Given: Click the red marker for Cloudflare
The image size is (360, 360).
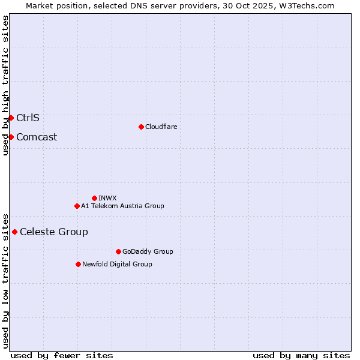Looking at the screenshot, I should tap(141, 127).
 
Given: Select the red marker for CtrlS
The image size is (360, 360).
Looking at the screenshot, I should tap(11, 118).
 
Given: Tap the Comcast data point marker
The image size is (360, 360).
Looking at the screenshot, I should tap(11, 137).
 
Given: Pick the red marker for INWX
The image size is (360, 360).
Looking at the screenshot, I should tap(94, 198).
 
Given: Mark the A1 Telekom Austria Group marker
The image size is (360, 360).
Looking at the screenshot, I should tap(77, 206).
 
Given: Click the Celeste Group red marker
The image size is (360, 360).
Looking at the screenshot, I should tap(14, 232).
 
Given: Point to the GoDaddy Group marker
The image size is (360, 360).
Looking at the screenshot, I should tap(118, 251).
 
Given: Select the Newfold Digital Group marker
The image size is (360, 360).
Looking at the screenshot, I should tap(78, 264).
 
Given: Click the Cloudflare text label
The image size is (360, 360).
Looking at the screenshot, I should tap(161, 127).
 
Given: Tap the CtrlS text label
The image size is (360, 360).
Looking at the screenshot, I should tap(28, 118).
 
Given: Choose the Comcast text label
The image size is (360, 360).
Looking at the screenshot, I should tap(37, 137).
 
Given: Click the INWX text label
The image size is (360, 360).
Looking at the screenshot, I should tap(107, 198).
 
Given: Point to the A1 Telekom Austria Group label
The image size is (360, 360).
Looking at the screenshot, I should tap(122, 206).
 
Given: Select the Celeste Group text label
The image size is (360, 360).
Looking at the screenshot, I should tap(54, 232).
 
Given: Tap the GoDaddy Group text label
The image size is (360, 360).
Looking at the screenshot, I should tap(148, 251).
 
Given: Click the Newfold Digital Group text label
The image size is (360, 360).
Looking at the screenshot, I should tap(117, 264).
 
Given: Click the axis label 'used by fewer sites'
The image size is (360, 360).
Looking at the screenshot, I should tap(62, 355).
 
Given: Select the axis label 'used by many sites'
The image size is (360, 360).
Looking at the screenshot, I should tap(301, 355).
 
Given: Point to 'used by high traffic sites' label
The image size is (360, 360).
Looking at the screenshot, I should tap(5, 85).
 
